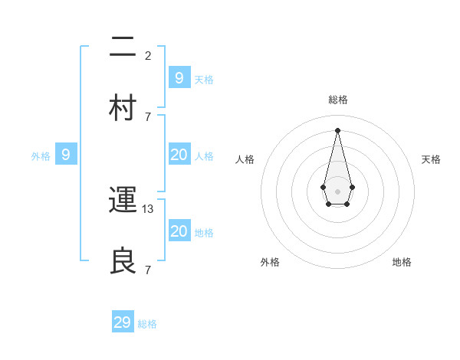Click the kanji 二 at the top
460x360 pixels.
pos(123,48)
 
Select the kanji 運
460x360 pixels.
pos(123,200)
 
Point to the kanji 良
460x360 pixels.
pos(123,260)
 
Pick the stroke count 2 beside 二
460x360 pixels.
pos(148,56)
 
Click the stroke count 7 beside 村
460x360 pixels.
pos(148,116)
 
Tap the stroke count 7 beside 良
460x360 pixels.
pos(148,270)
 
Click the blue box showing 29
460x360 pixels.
pos(123,322)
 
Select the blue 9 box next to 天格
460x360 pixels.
pos(179,77)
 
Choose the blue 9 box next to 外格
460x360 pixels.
pos(66,155)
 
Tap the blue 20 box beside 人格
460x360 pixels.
pos(179,155)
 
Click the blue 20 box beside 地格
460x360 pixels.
pos(179,231)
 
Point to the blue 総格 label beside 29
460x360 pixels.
pos(147,324)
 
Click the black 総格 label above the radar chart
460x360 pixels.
pos(337,100)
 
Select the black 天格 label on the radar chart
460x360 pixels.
pos(431,159)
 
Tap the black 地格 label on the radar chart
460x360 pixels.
pos(402,262)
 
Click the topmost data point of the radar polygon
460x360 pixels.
pos(337,129)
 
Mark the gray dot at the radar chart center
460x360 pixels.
pos(337,191)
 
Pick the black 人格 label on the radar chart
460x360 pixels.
pos(245,159)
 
